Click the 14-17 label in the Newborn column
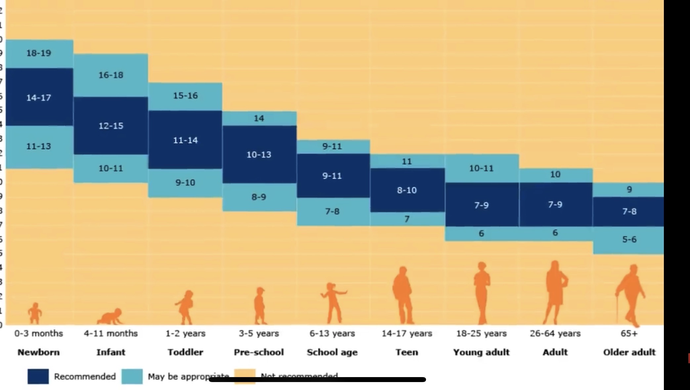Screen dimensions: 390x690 [x=39, y=98]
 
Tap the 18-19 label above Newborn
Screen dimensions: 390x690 [x=39, y=53]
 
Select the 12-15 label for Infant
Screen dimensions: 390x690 [x=111, y=126]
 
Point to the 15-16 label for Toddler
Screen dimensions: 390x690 [x=185, y=96]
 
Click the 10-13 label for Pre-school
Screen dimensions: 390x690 [x=259, y=154]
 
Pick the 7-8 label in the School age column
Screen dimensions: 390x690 [x=332, y=211]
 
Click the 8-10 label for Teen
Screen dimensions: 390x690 [x=407, y=190]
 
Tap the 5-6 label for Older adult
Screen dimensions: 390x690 [x=629, y=239]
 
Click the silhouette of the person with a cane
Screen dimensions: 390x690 [x=630, y=294]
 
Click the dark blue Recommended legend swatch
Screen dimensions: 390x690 [x=38, y=376]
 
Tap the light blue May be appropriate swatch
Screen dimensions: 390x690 [x=132, y=376]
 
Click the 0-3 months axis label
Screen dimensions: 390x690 [x=39, y=333]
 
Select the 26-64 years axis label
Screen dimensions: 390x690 [x=555, y=333]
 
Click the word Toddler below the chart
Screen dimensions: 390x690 [x=185, y=352]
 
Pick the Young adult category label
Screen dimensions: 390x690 [x=481, y=352]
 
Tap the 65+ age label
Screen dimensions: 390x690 [x=629, y=333]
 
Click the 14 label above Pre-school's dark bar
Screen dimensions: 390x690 [x=259, y=118]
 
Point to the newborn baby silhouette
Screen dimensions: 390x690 [x=35, y=313]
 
